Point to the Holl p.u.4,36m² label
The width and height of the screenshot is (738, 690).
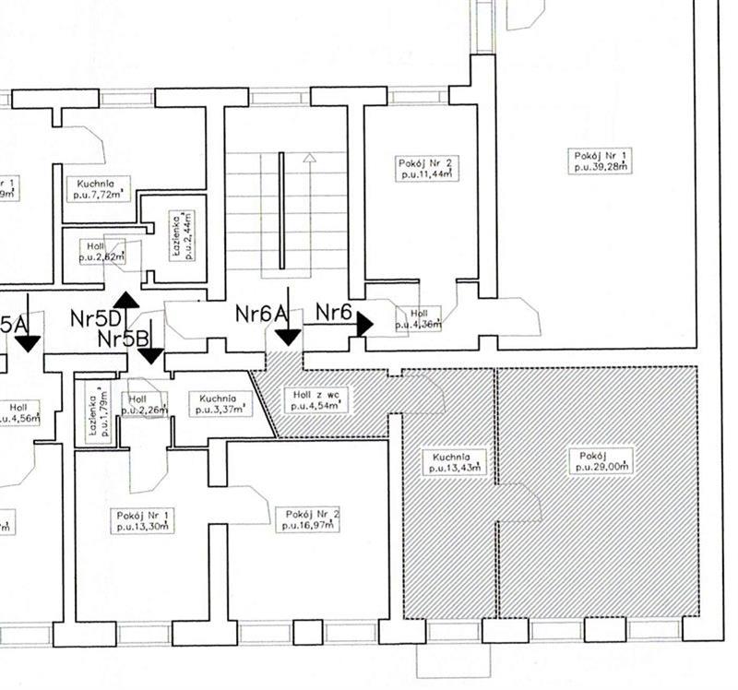[418, 318]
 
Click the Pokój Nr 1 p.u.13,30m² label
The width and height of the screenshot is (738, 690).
[142, 519]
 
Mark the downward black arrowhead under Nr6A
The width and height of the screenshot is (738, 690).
[288, 337]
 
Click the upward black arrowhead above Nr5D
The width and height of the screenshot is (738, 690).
[126, 299]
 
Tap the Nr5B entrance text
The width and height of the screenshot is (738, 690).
[125, 339]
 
